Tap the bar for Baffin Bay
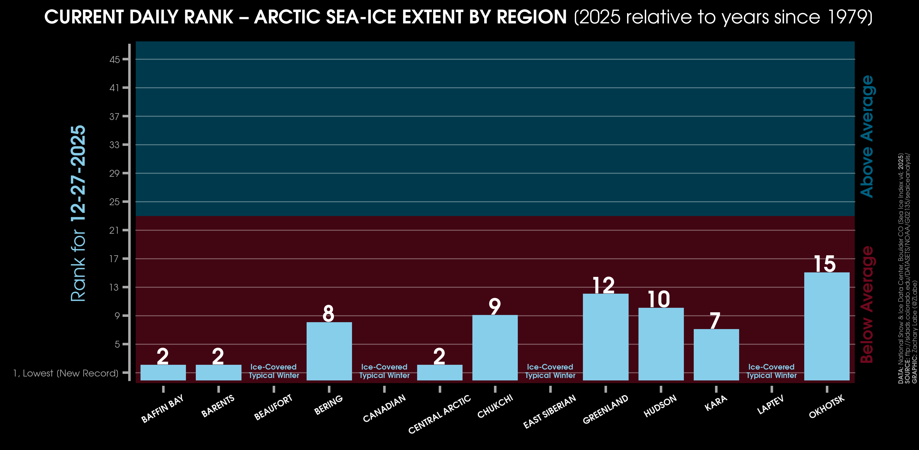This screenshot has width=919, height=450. [163, 372]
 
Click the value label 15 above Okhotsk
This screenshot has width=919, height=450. [824, 264]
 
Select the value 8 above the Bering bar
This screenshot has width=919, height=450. [329, 313]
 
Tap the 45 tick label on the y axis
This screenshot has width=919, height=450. [114, 59]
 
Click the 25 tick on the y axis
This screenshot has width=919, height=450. [114, 202]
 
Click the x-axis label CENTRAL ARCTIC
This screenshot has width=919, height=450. [439, 414]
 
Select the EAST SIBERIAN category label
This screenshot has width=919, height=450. [549, 411]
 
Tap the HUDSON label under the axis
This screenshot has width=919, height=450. [660, 406]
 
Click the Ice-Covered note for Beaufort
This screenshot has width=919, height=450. [274, 371]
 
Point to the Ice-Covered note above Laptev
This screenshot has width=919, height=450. [771, 371]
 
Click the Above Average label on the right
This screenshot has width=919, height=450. [867, 136]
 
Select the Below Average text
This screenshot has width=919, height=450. [867, 304]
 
